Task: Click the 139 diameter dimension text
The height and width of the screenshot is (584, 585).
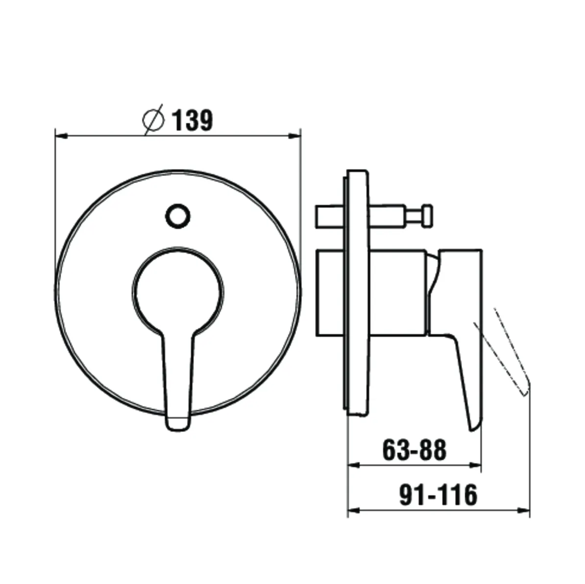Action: (192, 120)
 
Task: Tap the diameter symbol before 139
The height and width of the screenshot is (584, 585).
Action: (153, 119)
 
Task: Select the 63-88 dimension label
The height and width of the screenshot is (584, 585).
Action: (414, 450)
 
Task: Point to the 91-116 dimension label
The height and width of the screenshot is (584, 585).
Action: (439, 494)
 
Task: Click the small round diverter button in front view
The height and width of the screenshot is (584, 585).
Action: (177, 216)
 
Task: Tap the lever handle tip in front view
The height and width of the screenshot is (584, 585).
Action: (177, 424)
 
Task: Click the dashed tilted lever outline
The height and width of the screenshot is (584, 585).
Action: (502, 350)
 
